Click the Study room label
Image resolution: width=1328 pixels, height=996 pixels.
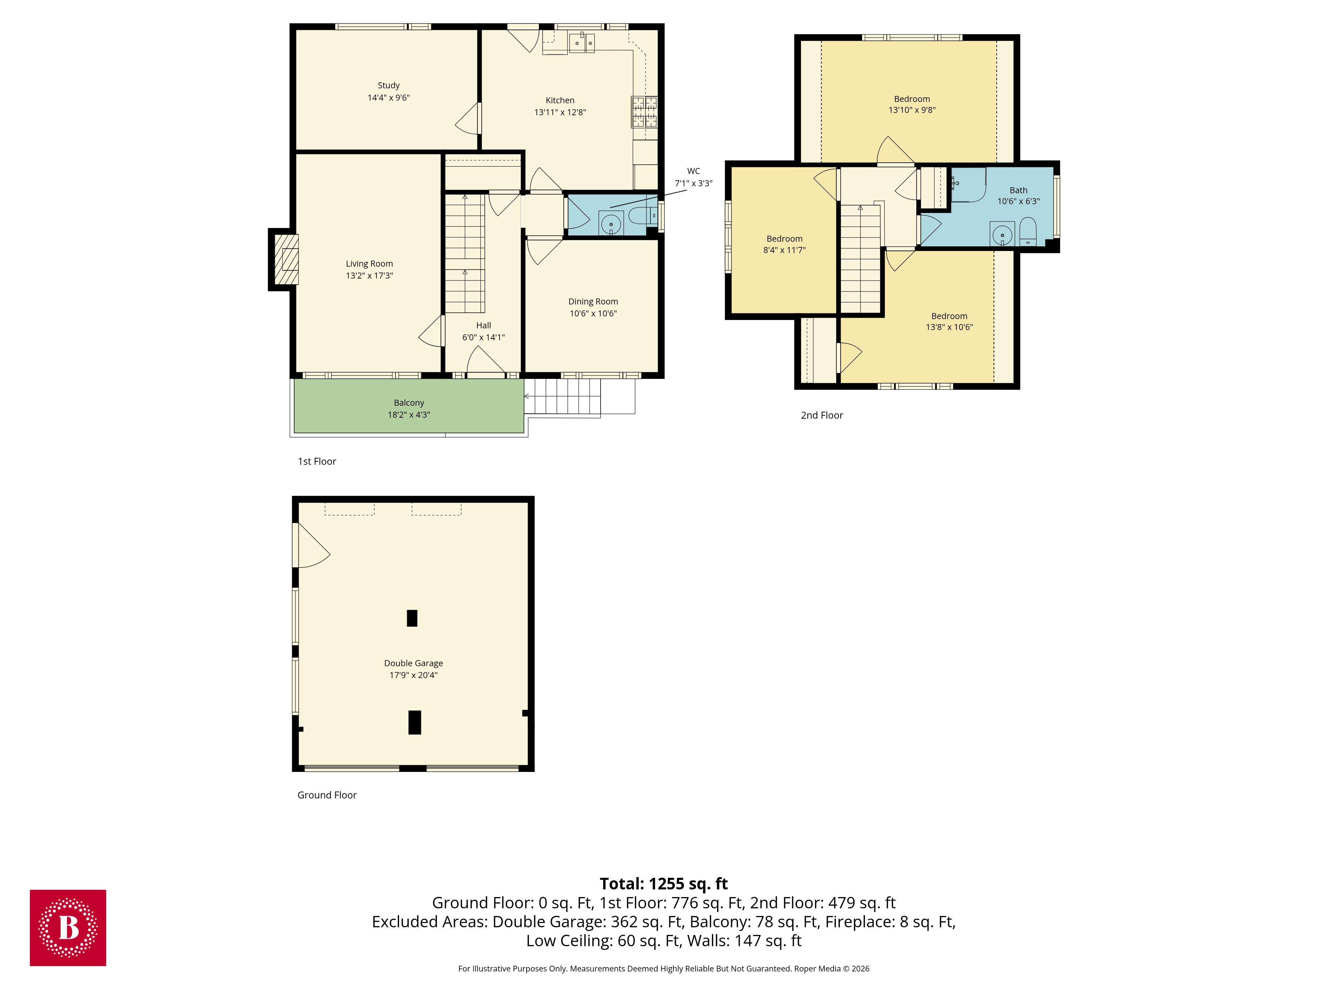[x=388, y=85]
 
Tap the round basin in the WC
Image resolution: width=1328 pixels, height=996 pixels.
[x=611, y=224]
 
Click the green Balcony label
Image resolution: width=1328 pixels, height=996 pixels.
[x=409, y=403]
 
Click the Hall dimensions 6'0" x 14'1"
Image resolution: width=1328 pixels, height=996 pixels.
[x=483, y=337]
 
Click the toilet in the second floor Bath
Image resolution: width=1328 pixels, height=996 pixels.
[x=1028, y=232]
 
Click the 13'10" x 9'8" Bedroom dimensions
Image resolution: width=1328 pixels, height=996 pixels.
[x=912, y=110]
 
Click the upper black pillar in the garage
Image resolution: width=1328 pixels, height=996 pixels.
[x=412, y=618]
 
